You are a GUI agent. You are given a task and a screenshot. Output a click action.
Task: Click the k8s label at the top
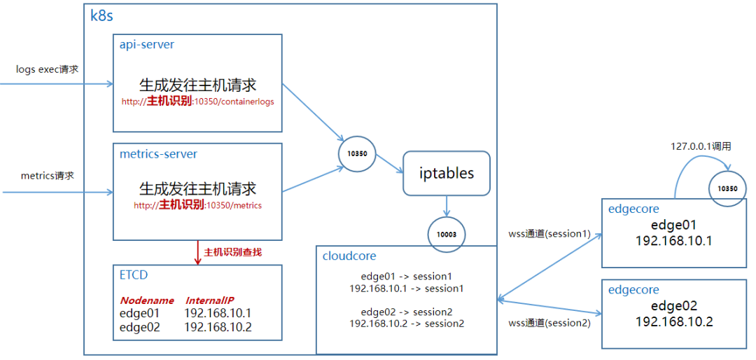pyautogui.click(x=102, y=16)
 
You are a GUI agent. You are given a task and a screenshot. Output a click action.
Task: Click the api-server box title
pyautogui.click(x=147, y=44)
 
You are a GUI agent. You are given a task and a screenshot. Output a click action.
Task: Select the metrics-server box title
pyautogui.click(x=158, y=153)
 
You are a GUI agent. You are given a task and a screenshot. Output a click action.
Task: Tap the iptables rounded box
pyautogui.click(x=446, y=173)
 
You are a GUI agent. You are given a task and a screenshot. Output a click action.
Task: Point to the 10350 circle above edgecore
pyautogui.click(x=727, y=188)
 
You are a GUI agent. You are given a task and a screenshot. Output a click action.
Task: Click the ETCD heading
pyautogui.click(x=134, y=275)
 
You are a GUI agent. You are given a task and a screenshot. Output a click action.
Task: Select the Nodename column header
pyautogui.click(x=147, y=300)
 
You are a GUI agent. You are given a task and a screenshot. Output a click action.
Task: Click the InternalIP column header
pyautogui.click(x=210, y=300)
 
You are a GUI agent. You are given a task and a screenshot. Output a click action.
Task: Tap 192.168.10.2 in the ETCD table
pyautogui.click(x=218, y=326)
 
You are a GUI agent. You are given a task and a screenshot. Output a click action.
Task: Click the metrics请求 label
pyautogui.click(x=48, y=175)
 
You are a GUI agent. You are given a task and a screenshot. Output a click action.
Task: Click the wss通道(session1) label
pyautogui.click(x=549, y=233)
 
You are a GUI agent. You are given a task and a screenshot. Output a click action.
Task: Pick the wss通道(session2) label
pyautogui.click(x=549, y=323)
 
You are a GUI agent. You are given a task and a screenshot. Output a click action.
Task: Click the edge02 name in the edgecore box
pyautogui.click(x=674, y=305)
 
